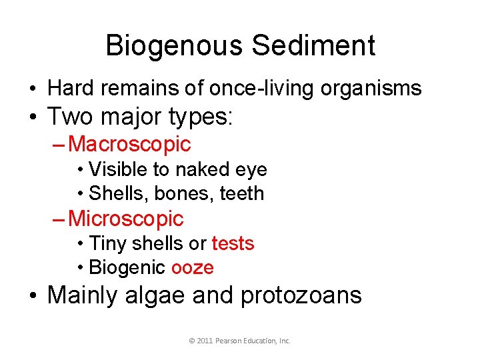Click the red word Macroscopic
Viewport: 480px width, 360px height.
point(129,143)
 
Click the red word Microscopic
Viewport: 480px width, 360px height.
point(126,218)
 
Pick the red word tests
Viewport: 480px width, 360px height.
point(233,243)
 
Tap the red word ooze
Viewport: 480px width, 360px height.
point(192,267)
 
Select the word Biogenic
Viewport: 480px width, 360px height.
point(127,267)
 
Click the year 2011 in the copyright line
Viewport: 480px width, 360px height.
point(205,341)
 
